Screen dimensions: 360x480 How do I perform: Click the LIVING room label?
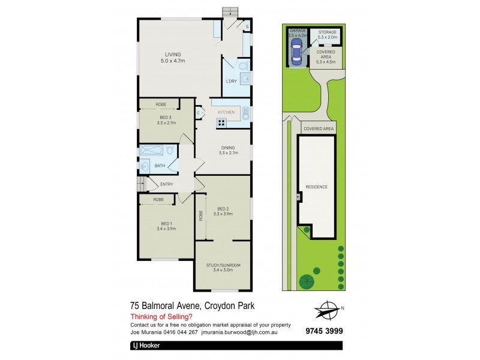[x=173, y=55]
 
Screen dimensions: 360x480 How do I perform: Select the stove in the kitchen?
[x=221, y=123]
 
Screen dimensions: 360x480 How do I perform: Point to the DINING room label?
[x=227, y=148]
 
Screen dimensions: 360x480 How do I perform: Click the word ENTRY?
[x=166, y=184]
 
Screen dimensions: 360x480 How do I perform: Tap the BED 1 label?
[x=166, y=224]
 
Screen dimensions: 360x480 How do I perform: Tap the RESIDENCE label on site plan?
[x=317, y=187]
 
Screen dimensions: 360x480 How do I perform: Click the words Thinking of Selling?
[x=161, y=317]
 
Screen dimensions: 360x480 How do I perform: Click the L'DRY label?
[x=232, y=81]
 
